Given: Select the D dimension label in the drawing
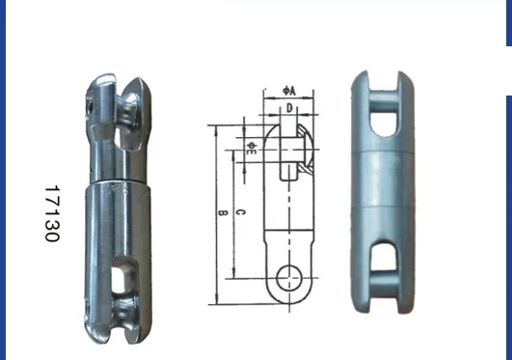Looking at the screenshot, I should point(289,108).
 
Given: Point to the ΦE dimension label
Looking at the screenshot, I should point(251,149).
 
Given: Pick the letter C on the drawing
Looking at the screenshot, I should point(241,212).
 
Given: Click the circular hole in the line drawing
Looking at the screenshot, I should point(287,278).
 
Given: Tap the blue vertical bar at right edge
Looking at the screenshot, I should point(508,193).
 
